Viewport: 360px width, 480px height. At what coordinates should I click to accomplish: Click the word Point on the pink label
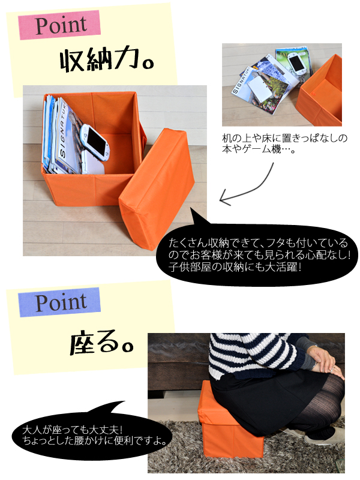(x=61, y=25)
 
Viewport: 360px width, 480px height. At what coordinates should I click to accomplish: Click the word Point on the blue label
(x=61, y=302)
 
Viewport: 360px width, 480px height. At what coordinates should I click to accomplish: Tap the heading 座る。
(x=101, y=343)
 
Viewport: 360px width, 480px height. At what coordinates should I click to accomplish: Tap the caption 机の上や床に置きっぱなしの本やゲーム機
(x=284, y=143)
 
